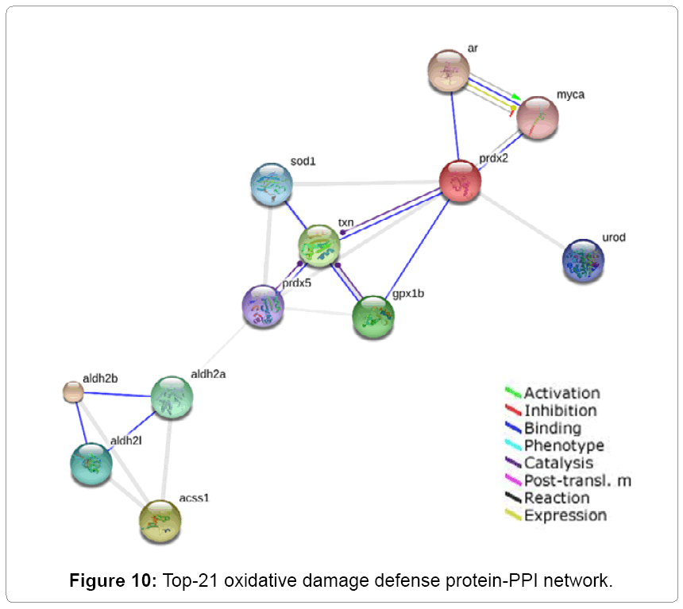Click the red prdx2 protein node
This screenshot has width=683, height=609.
(x=460, y=181)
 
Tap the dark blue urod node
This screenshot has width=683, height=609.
(x=583, y=260)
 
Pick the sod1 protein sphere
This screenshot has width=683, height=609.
(x=272, y=186)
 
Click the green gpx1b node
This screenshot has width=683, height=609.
(x=372, y=316)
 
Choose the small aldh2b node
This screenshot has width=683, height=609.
(x=73, y=391)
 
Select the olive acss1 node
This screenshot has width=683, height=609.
(x=160, y=522)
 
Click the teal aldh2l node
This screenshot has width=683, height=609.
(x=91, y=464)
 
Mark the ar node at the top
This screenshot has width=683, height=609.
(x=450, y=71)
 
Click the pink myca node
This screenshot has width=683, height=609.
(x=538, y=118)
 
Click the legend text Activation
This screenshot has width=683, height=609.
(x=561, y=393)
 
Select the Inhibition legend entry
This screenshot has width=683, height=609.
(x=560, y=410)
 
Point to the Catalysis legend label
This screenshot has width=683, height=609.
(x=558, y=463)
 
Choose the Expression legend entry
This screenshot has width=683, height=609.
(x=565, y=515)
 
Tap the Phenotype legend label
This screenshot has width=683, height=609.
(x=564, y=445)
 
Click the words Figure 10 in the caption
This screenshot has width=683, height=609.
(x=118, y=580)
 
